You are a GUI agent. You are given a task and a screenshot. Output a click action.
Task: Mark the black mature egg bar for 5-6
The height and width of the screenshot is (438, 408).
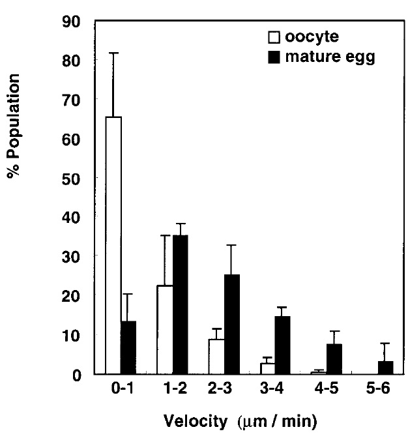(386, 367)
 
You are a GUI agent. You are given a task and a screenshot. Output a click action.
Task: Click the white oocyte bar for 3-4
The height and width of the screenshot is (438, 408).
(268, 368)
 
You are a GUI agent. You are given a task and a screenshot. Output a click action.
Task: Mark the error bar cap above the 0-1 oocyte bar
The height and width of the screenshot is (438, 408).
(113, 53)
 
